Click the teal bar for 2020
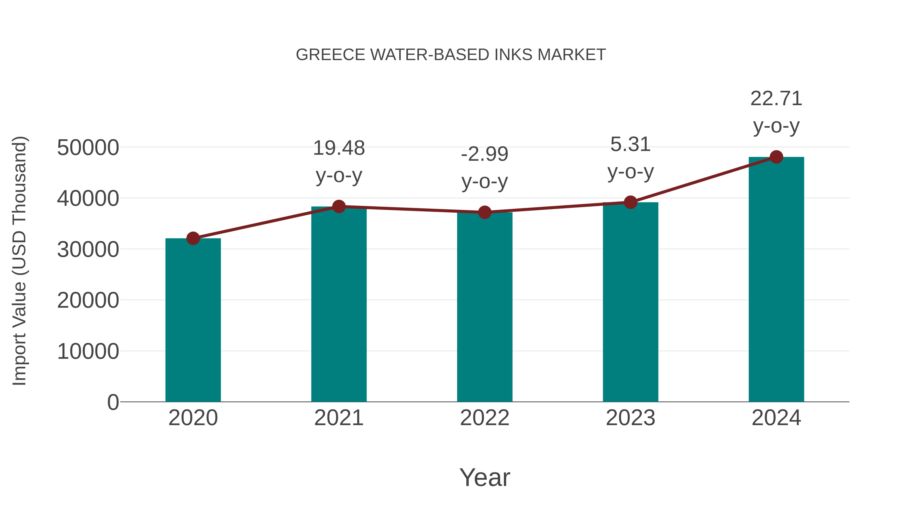pyautogui.click(x=193, y=320)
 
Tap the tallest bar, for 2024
pyautogui.click(x=776, y=280)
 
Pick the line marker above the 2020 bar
pyautogui.click(x=193, y=239)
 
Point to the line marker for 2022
pyautogui.click(x=485, y=212)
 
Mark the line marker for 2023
pyautogui.click(x=630, y=202)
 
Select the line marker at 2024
pyautogui.click(x=776, y=157)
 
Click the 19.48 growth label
pyautogui.click(x=339, y=148)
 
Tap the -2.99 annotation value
pyautogui.click(x=485, y=154)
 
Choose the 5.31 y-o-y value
pyautogui.click(x=630, y=144)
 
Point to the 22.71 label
pyautogui.click(x=776, y=99)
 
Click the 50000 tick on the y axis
pyautogui.click(x=88, y=148)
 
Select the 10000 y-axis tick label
pyautogui.click(x=88, y=351)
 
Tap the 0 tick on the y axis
pyautogui.click(x=113, y=402)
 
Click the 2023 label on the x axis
pyautogui.click(x=630, y=418)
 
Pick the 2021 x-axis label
pyautogui.click(x=339, y=418)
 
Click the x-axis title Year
pyautogui.click(x=485, y=478)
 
